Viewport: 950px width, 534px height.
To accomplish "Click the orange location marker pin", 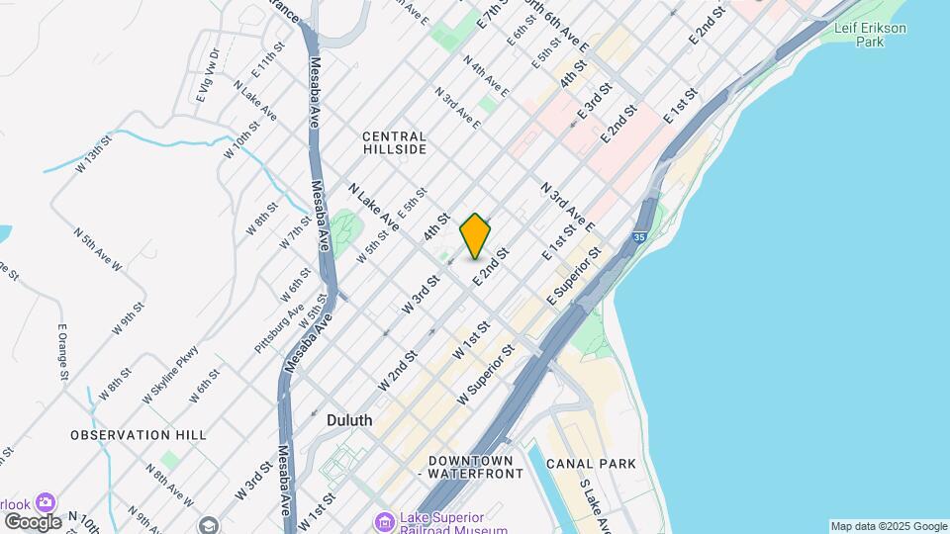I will click(476, 235).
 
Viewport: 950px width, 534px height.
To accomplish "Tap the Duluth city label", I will click(349, 420).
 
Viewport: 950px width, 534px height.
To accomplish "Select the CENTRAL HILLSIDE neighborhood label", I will click(394, 142).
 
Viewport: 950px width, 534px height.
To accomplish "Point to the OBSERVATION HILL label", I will click(139, 434).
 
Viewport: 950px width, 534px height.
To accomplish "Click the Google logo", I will click(32, 521).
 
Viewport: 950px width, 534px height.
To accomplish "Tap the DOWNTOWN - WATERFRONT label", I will click(470, 468).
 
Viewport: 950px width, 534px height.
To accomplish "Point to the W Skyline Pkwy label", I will click(170, 374).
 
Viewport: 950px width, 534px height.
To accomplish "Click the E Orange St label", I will click(62, 352).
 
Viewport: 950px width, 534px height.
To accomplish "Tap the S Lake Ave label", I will click(598, 504).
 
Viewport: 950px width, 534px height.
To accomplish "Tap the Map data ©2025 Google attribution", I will click(889, 526).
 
